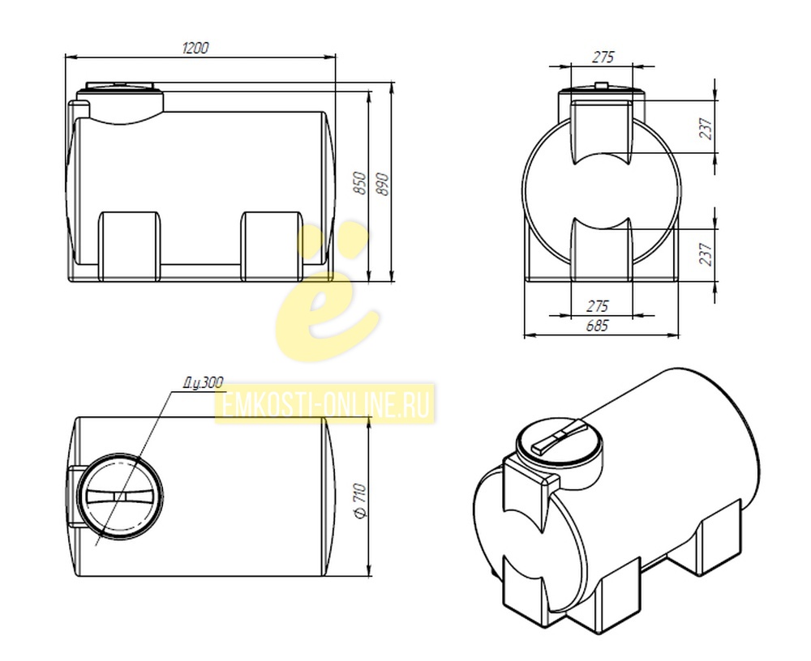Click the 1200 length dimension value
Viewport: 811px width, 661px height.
(195, 48)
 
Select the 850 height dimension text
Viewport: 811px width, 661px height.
(360, 183)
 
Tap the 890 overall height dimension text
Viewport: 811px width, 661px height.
(382, 183)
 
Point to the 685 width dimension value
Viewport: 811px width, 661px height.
(598, 326)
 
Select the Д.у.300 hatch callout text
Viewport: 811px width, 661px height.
(204, 383)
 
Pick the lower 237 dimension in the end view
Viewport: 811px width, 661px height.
(706, 254)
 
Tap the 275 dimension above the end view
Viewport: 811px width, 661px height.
(603, 57)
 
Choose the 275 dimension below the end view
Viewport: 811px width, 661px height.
(598, 306)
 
